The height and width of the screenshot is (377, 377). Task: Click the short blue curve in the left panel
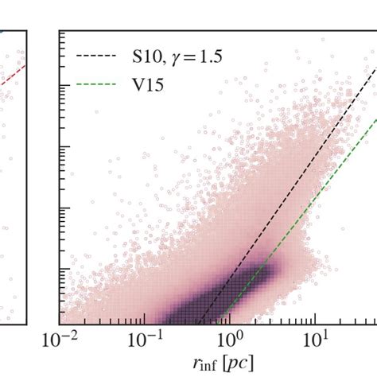[x=3, y=32]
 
